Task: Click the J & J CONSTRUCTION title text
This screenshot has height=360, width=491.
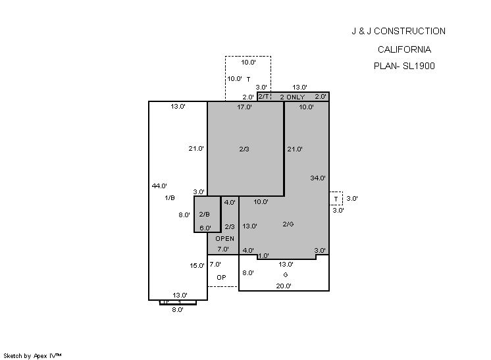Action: point(398,31)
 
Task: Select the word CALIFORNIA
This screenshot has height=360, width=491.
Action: point(404,49)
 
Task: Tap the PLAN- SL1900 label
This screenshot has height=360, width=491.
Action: point(403,66)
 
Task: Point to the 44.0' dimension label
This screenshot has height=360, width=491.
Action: point(159,186)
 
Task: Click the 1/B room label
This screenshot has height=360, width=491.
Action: point(169,197)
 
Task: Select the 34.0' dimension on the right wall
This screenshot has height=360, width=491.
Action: point(318,178)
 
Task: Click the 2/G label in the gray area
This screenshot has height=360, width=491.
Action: point(288,224)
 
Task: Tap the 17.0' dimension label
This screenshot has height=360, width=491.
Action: point(244,107)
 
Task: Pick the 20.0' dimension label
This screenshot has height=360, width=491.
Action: point(284,286)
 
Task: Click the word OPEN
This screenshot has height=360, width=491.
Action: point(224,238)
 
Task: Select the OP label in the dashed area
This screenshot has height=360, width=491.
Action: point(221,277)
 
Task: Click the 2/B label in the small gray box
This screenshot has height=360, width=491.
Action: point(204,214)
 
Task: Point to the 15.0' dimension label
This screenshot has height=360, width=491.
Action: point(197,266)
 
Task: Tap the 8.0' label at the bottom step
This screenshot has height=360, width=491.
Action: point(178,309)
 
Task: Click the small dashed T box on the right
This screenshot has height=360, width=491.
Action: point(336,198)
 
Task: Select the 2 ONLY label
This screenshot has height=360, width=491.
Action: point(292,97)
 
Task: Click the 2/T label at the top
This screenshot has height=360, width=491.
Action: point(263,97)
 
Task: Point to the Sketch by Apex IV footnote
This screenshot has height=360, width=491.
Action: point(33,355)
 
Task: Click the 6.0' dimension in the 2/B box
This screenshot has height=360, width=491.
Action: point(205,228)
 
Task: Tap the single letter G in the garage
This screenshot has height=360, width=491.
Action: point(286,274)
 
